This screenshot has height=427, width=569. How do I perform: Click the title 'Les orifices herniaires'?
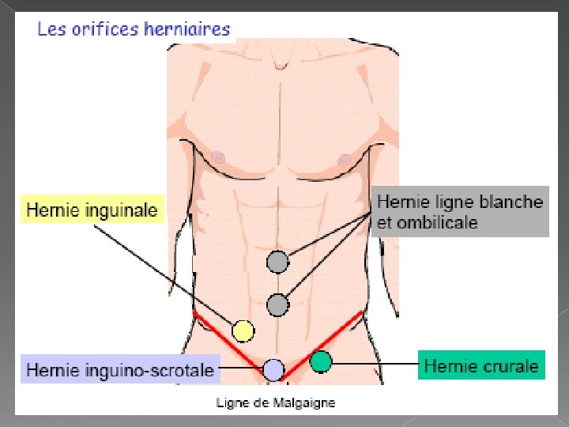point(134,30)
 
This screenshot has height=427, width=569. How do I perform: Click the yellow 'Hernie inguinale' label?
point(92,210)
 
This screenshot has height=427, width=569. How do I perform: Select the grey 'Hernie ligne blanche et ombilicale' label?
point(461,212)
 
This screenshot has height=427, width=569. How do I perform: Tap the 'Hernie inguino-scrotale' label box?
point(120,369)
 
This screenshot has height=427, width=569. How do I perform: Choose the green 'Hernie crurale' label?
point(482,366)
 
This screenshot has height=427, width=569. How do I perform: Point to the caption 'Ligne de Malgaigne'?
point(276,403)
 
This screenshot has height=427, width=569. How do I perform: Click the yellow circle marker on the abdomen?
point(243,331)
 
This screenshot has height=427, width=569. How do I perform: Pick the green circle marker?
point(320,362)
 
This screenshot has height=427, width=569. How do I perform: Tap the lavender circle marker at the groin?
point(273,369)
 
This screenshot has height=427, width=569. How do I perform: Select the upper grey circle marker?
point(277,261)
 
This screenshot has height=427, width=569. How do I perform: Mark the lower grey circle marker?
point(277,304)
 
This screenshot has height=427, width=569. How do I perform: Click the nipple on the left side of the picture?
point(219,157)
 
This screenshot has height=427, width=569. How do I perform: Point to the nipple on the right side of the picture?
point(344,159)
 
